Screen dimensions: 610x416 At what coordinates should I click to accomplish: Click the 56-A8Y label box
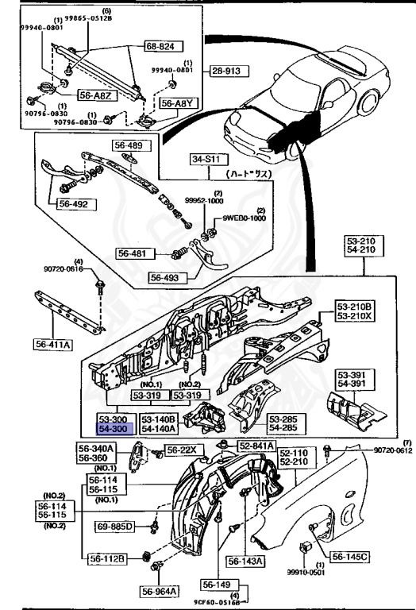[178, 103]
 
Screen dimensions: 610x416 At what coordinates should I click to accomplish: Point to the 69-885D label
[116, 527]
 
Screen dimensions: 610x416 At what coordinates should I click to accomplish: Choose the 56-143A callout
[247, 562]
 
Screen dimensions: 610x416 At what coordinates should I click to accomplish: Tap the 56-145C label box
[349, 558]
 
